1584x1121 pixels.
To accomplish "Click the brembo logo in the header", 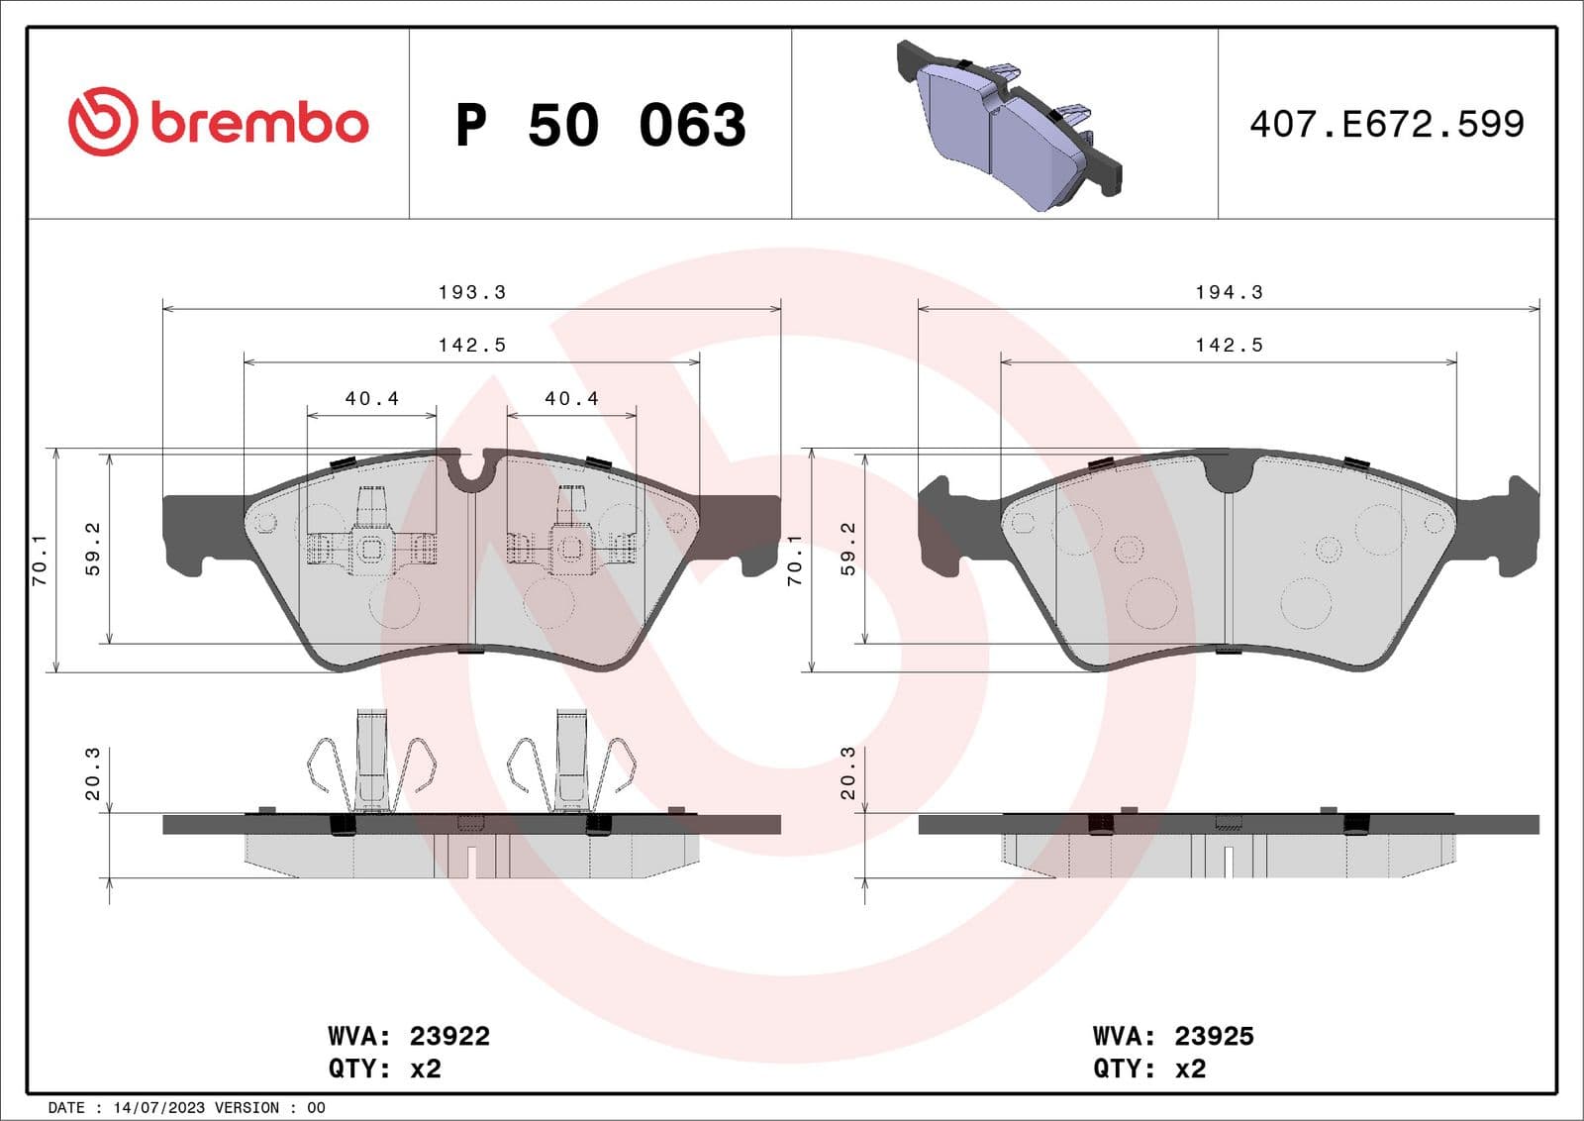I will [x=218, y=122].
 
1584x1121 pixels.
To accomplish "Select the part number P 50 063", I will [x=600, y=125].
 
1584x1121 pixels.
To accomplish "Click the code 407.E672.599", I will [x=1386, y=124].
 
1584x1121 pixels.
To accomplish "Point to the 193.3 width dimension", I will [x=471, y=292].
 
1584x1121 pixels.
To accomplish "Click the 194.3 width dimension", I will [x=1229, y=292].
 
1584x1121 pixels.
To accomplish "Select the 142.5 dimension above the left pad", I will [x=471, y=345].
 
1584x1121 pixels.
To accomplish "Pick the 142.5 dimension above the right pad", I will [x=1229, y=345].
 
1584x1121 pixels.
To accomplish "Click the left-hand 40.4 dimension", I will [x=371, y=398].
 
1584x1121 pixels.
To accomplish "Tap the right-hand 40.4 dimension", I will [x=571, y=398].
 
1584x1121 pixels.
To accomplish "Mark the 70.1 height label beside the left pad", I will [x=40, y=560].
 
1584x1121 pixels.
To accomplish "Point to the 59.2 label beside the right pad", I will [x=848, y=550].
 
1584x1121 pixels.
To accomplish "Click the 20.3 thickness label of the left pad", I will [x=92, y=773].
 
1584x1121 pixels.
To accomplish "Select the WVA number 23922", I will [x=449, y=1036].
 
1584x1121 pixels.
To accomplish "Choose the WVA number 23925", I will [x=1214, y=1036].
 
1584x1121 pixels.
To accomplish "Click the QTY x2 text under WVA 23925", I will [x=1149, y=1069].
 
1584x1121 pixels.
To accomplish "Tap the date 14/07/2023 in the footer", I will [x=148, y=1107].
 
